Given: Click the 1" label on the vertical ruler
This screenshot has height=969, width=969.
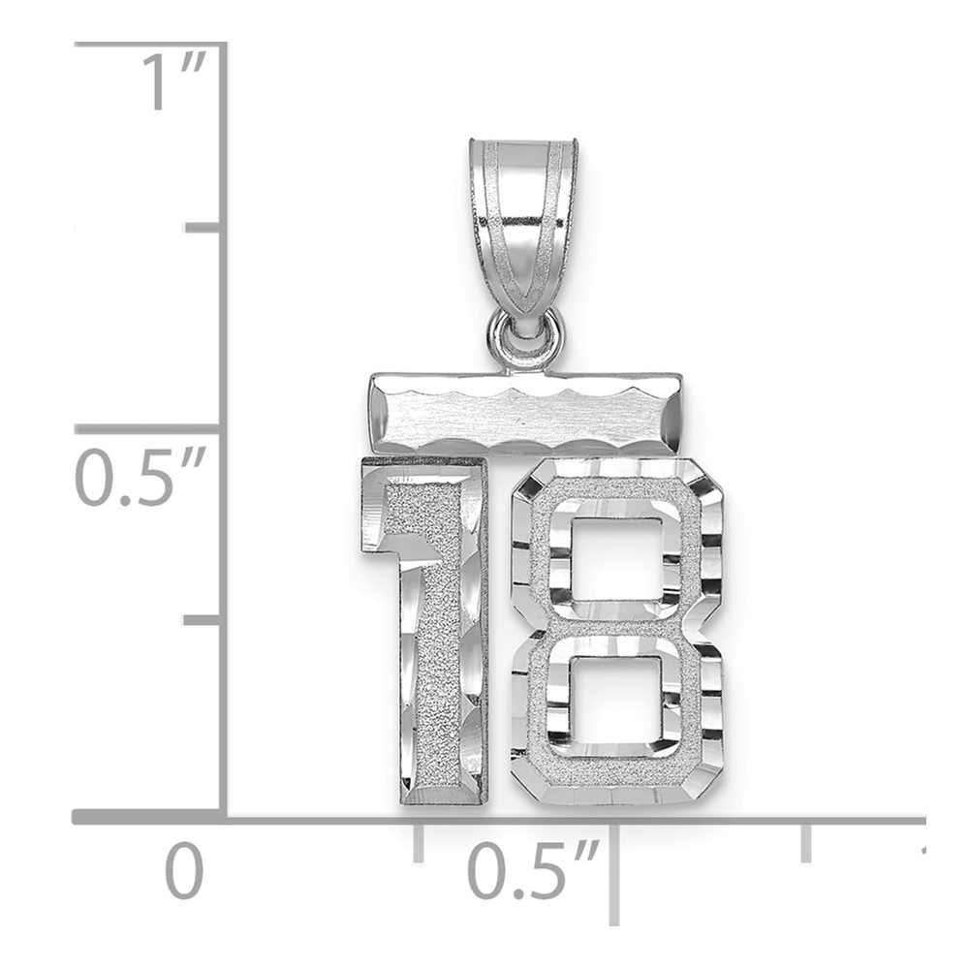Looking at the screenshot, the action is click(x=174, y=81).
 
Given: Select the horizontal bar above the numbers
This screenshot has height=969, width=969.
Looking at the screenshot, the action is click(x=526, y=412).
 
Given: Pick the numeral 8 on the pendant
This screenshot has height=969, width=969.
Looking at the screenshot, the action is click(x=617, y=632).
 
